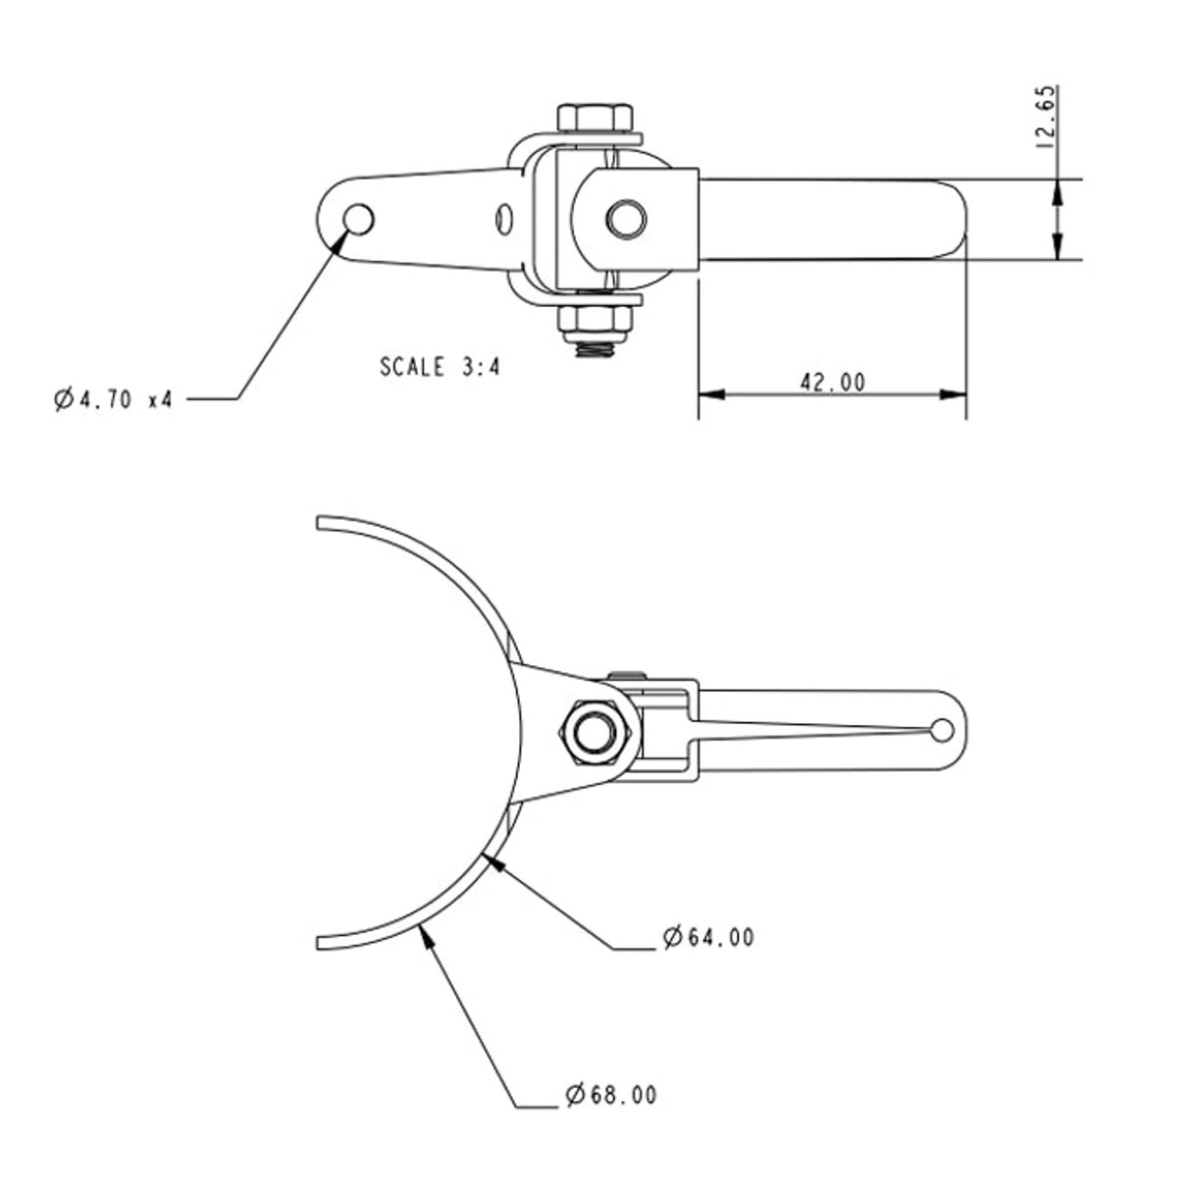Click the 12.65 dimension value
tap(1046, 117)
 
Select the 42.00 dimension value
tap(832, 382)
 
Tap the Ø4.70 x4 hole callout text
tap(113, 399)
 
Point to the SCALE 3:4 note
tap(440, 368)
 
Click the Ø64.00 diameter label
tap(708, 937)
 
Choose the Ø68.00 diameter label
tap(610, 1094)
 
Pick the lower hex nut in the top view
tap(595, 319)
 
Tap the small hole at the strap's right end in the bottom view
tap(942, 730)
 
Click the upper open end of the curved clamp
tap(320, 522)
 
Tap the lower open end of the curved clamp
tap(322, 942)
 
